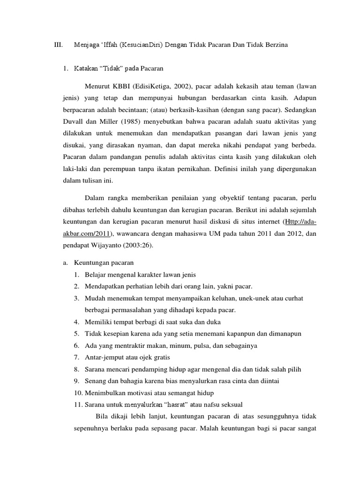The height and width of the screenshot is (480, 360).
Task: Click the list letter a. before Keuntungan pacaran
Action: [x=66, y=263]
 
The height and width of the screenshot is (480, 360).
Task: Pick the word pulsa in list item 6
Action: [x=200, y=345]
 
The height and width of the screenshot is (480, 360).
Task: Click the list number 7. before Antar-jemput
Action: [x=76, y=357]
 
